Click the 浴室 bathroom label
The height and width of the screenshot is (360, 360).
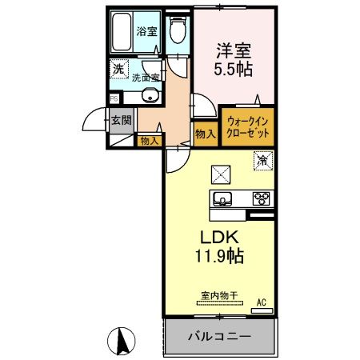[x=146, y=32]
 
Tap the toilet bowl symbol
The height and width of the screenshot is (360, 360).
[x=178, y=31]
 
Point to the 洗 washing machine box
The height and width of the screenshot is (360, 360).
[x=118, y=70]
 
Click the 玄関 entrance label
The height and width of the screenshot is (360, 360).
[x=122, y=122]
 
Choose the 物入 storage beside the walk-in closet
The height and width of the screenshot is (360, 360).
[x=205, y=133]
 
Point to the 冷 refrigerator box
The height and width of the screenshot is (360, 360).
[x=262, y=160]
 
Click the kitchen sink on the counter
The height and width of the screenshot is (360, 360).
[x=222, y=198]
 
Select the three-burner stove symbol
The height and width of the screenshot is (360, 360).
[x=260, y=198]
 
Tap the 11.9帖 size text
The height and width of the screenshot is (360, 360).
[x=218, y=257]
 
